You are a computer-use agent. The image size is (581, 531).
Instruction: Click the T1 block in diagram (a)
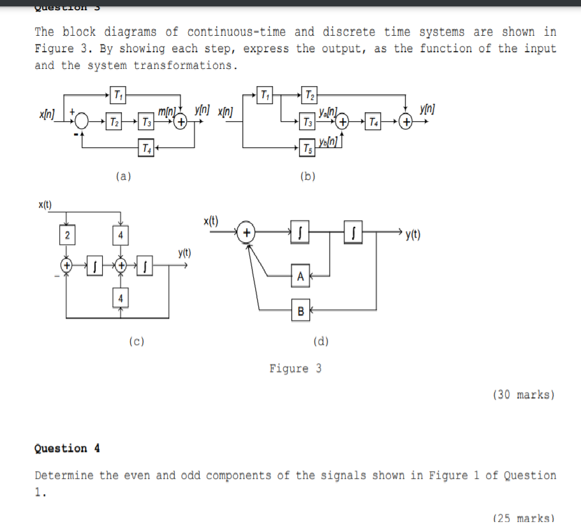click(x=118, y=95)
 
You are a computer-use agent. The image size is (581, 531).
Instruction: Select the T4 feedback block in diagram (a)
click(x=147, y=149)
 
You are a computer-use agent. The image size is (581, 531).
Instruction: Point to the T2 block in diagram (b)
click(x=309, y=95)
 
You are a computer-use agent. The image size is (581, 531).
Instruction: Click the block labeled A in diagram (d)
click(x=301, y=275)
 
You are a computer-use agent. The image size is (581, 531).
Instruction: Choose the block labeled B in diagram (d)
click(x=301, y=311)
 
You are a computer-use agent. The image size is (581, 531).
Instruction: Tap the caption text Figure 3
click(x=295, y=368)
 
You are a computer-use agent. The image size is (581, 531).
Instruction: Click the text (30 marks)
click(x=523, y=395)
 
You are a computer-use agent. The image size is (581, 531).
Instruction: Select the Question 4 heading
click(x=67, y=448)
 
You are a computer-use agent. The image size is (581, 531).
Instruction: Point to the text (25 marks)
click(x=523, y=518)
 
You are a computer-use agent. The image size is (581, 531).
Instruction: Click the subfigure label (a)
click(x=124, y=177)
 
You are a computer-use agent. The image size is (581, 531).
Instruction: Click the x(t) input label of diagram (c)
click(x=45, y=205)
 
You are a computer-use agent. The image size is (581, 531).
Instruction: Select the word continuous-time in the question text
click(x=237, y=32)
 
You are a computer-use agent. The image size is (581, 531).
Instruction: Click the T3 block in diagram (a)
click(x=147, y=122)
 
